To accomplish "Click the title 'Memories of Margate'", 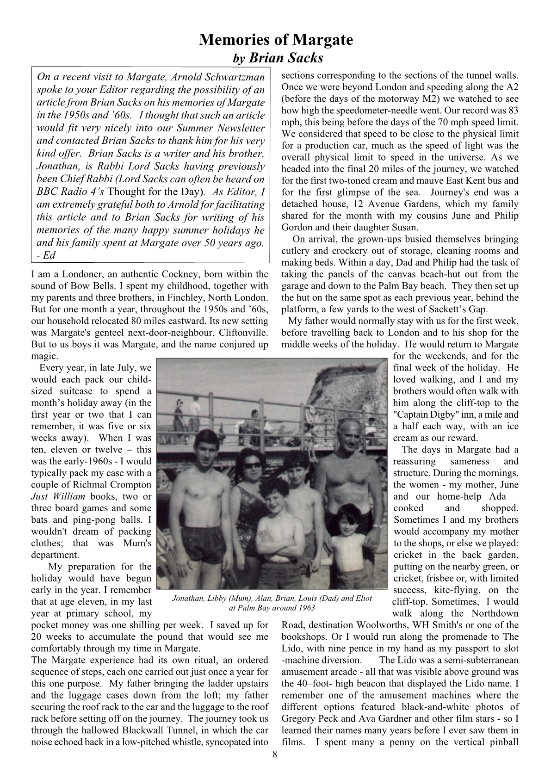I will coord(276,40).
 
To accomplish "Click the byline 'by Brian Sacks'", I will coord(277,58).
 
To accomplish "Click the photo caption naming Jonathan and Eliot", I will coord(272,603).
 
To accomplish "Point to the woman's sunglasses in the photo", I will coord(253,466).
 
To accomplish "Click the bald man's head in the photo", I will coord(343,435).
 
